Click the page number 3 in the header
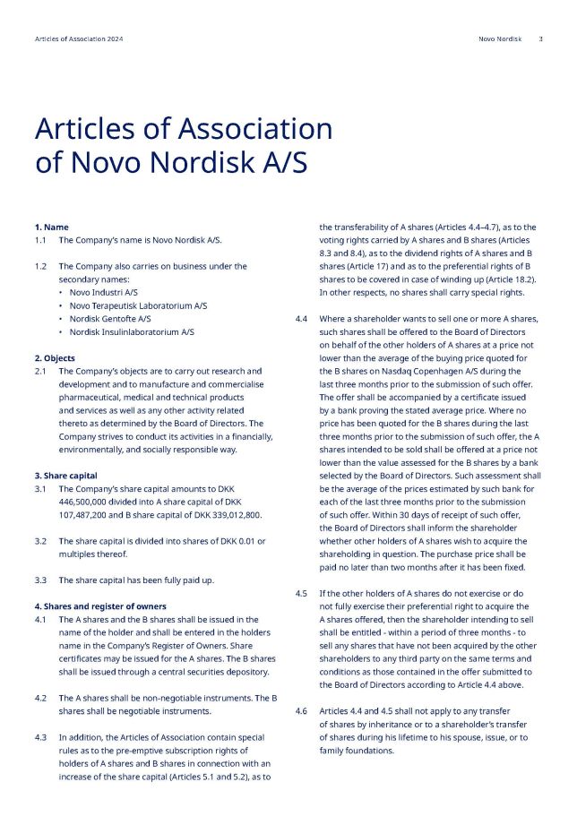(x=540, y=39)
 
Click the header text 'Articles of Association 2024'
(x=79, y=39)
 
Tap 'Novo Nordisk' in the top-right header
(x=500, y=39)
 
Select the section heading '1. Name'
(x=51, y=228)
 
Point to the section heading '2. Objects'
(x=55, y=358)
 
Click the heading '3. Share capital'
(x=65, y=476)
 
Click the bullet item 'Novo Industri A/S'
(x=104, y=292)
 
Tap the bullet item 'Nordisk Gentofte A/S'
(x=110, y=318)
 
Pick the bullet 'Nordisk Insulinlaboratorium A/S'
(x=132, y=331)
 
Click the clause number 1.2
(x=40, y=266)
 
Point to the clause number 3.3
(x=40, y=580)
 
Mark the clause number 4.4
(x=301, y=319)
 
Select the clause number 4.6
(x=301, y=711)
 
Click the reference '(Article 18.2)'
(x=496, y=279)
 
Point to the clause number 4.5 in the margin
(x=301, y=593)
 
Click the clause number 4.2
(x=40, y=698)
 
